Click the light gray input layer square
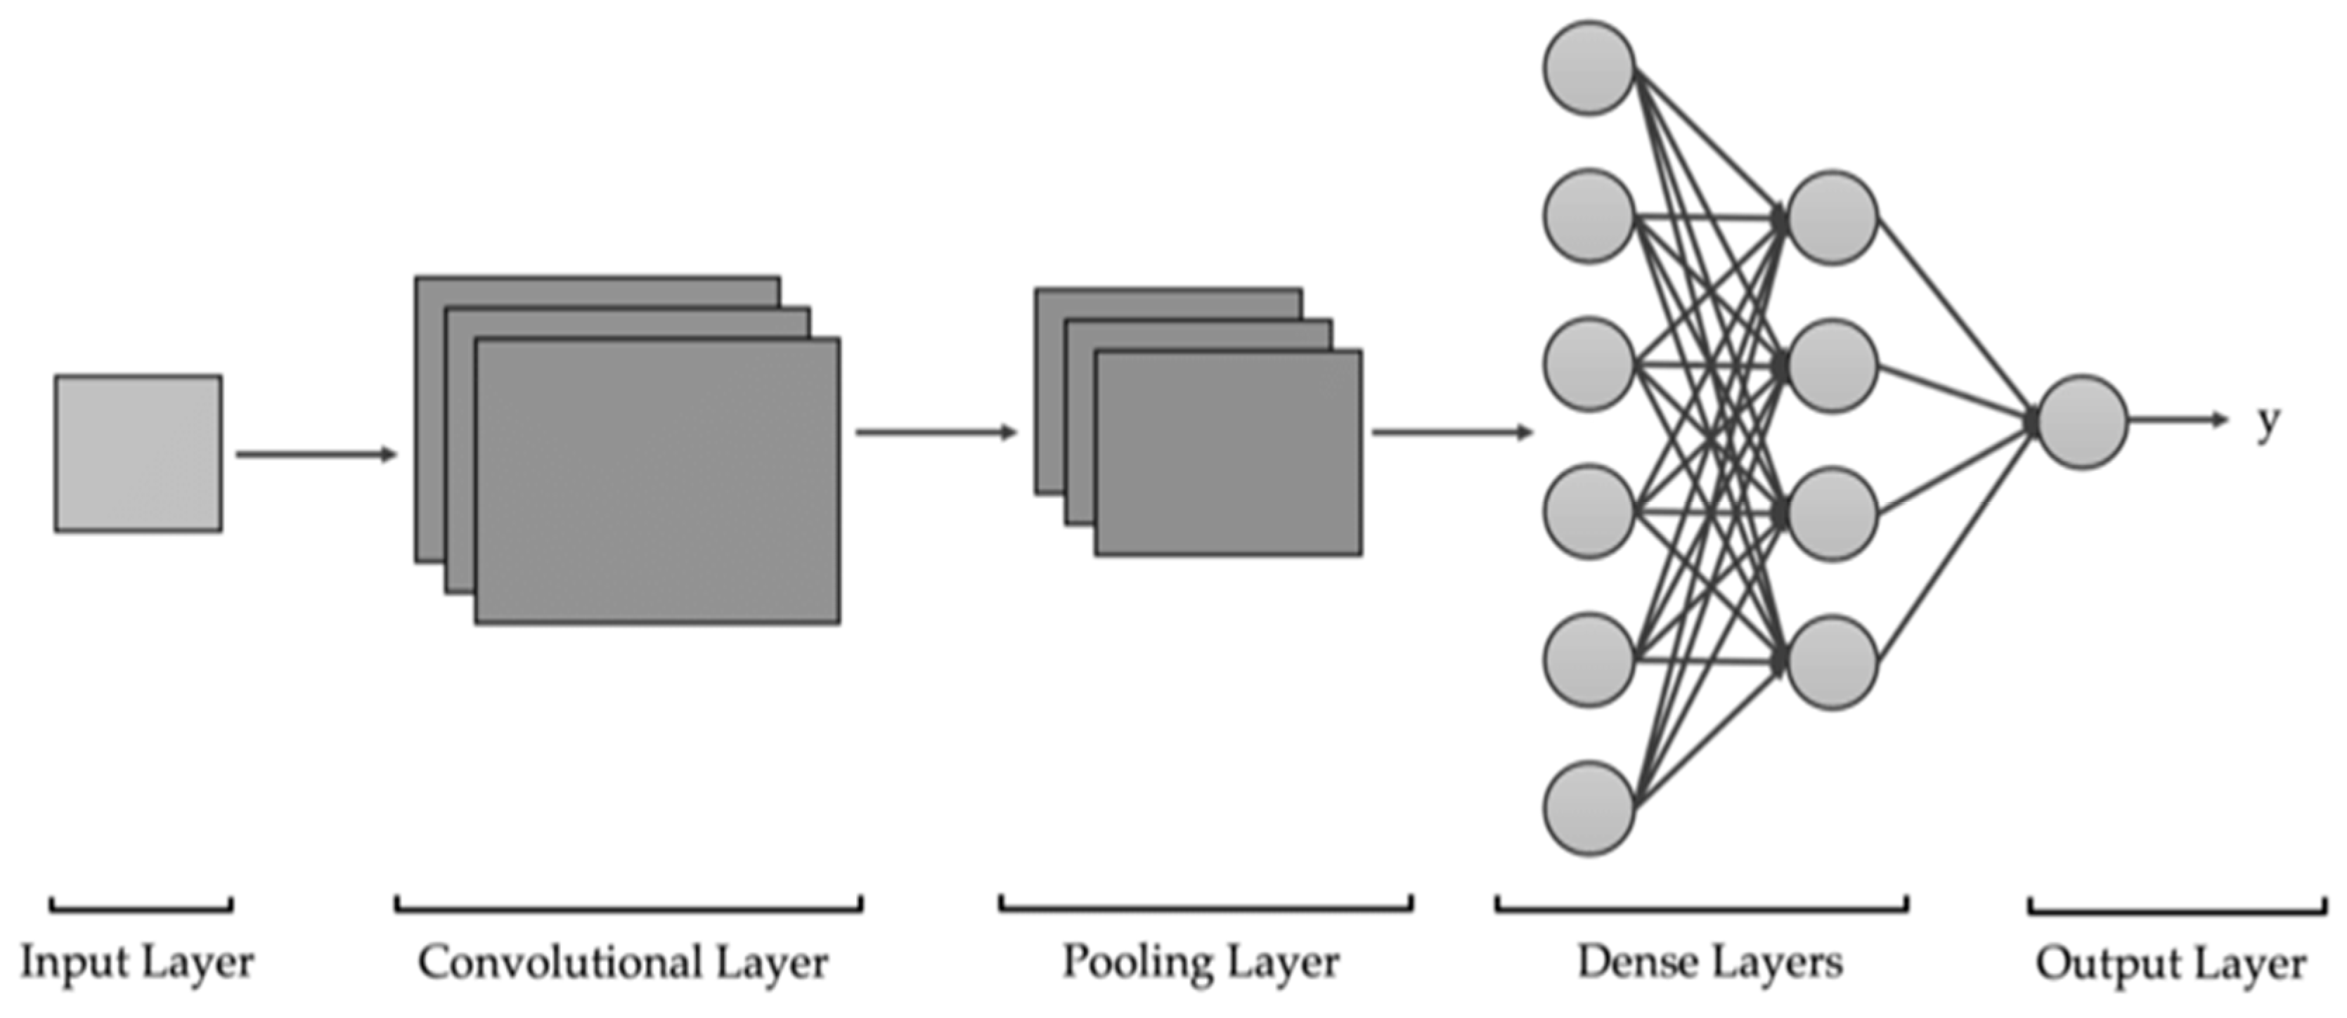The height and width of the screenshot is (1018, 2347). tap(138, 452)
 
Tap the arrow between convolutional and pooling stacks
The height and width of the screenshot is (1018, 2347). tap(935, 433)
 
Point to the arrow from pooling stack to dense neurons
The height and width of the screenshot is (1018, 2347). tap(1452, 433)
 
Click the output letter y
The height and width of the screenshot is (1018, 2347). tap(2268, 422)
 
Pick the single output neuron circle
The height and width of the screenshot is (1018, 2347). tap(2082, 422)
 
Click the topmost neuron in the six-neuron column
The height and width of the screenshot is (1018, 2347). tap(1589, 68)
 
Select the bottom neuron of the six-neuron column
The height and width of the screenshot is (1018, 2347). tap(1589, 809)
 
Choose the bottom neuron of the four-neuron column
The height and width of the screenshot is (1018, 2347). tap(1832, 662)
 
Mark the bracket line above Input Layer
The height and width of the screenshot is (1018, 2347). tap(141, 907)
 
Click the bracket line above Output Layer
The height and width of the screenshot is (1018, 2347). tap(2177, 907)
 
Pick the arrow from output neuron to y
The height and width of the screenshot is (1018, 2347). tap(2178, 421)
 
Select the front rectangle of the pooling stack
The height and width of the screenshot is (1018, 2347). tap(1228, 452)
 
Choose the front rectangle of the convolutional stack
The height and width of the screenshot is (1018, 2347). tap(657, 481)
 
